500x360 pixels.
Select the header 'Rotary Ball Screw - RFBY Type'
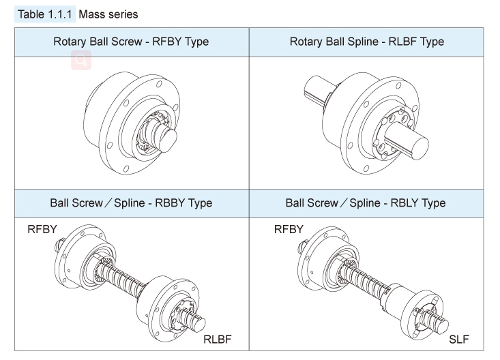131,42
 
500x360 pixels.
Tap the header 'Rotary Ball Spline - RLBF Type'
366,42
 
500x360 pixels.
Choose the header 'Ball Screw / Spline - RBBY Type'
131,202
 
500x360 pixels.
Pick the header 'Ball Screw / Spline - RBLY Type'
366,202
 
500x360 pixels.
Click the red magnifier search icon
81,61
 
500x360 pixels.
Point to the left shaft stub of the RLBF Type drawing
315,89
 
